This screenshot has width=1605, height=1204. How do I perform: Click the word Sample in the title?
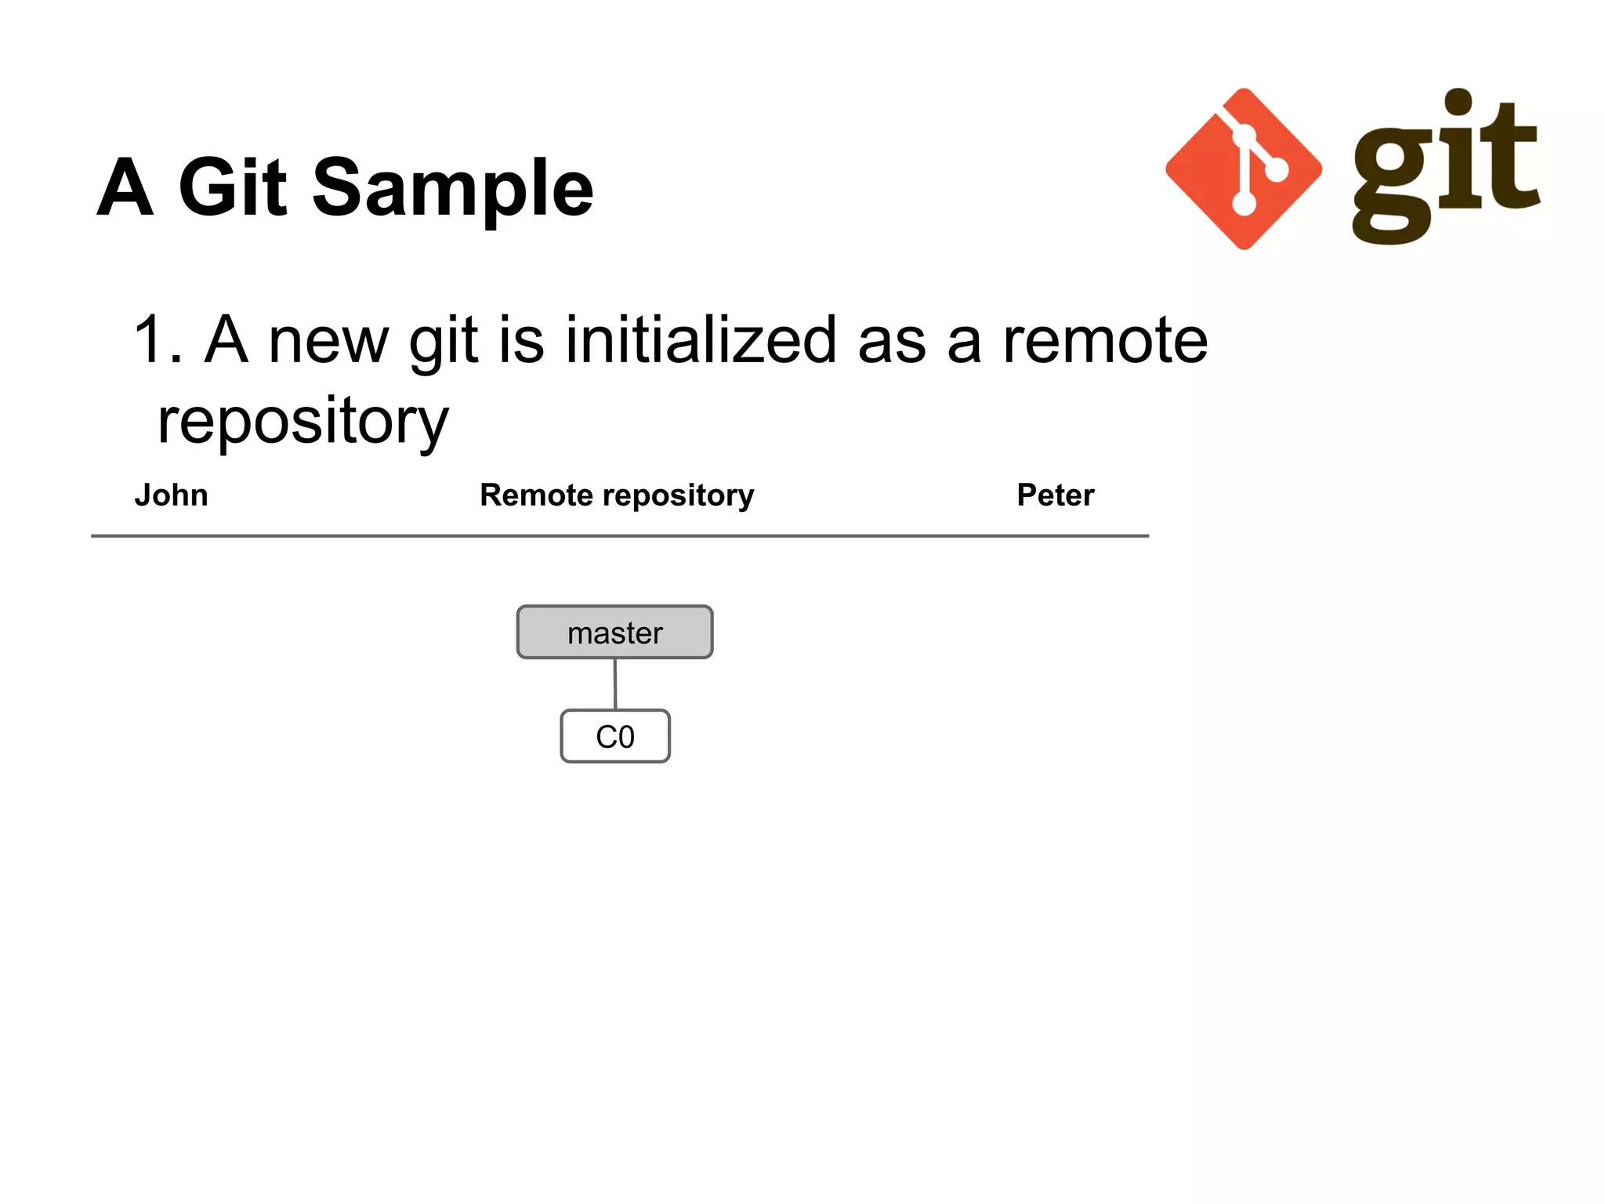coord(452,188)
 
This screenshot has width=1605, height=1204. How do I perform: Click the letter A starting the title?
coord(125,188)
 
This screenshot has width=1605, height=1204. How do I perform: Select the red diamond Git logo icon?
coord(1243,169)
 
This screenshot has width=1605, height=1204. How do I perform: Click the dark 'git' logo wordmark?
coord(1446,166)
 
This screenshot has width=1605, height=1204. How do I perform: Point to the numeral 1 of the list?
coord(149,340)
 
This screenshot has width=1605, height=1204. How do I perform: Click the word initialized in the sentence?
coord(701,340)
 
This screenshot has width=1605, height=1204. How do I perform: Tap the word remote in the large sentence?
coord(1105,340)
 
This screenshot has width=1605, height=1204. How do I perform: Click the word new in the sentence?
coord(328,342)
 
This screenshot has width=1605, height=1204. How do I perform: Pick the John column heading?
coord(171,495)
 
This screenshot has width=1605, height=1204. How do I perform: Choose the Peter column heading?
coord(1055,495)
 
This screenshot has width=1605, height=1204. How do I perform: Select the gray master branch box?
coord(614,632)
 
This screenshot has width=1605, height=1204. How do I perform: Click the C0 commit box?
coord(615,736)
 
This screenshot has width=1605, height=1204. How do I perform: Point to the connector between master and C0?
coord(615,684)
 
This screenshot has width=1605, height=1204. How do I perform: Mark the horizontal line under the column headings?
coord(619,536)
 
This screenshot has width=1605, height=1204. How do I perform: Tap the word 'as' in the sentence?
coord(892,342)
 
